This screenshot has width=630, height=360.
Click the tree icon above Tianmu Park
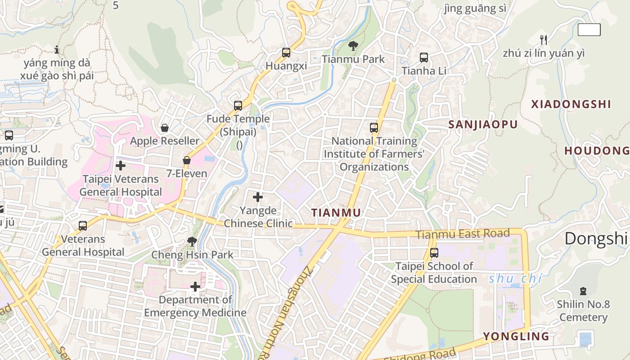pyautogui.click(x=353, y=45)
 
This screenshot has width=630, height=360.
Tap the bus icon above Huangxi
pyautogui.click(x=286, y=53)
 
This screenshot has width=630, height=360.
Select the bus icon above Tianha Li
pyautogui.click(x=424, y=58)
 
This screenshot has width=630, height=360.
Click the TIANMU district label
pyautogui.click(x=337, y=213)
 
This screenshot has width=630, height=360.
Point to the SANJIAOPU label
pyautogui.click(x=483, y=125)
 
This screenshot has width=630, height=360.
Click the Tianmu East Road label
pyautogui.click(x=463, y=234)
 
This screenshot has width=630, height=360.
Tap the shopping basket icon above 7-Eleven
pyautogui.click(x=187, y=160)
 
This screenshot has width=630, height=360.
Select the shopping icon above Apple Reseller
pyautogui.click(x=165, y=128)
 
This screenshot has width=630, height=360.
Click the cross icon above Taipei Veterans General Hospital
pyautogui.click(x=121, y=166)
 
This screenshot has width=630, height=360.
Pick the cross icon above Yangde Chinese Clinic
pyautogui.click(x=258, y=197)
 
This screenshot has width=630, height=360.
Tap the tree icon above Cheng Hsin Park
pyautogui.click(x=192, y=242)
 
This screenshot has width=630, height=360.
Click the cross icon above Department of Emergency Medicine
pyautogui.click(x=195, y=287)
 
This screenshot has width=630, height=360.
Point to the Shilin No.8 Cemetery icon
pyautogui.click(x=584, y=291)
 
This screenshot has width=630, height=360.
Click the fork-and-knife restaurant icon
pyautogui.click(x=544, y=40)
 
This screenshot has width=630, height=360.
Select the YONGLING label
pyautogui.click(x=516, y=336)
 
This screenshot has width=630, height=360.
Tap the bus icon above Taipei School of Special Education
pyautogui.click(x=434, y=253)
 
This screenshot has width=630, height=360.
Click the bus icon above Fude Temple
pyautogui.click(x=238, y=106)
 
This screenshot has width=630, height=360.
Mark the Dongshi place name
pyautogui.click(x=596, y=238)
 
